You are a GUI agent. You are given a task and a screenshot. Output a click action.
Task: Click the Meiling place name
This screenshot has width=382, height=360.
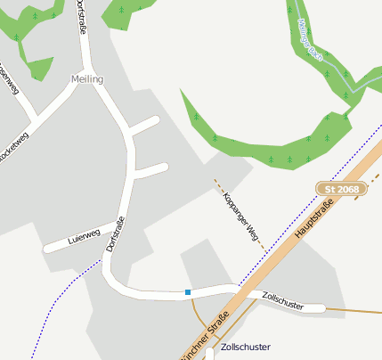[x=87, y=79]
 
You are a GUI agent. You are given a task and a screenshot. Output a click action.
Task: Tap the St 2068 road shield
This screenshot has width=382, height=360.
[x=341, y=189]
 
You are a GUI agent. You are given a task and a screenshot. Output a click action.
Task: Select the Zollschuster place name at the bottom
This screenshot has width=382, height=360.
[x=245, y=347]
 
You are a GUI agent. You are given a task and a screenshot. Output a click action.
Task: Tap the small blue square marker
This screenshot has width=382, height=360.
[x=188, y=291]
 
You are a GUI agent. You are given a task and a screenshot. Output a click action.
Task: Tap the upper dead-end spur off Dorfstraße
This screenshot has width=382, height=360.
[x=146, y=126]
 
